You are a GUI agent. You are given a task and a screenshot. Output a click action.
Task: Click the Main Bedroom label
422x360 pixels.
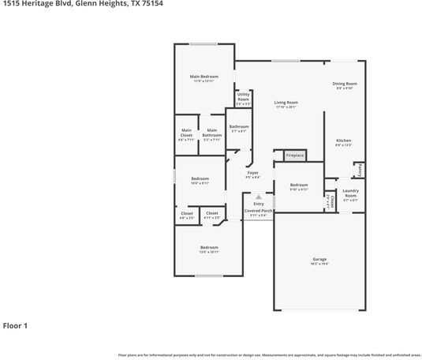coord(204,76)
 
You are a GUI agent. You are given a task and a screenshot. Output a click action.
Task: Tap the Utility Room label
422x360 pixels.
coord(243,96)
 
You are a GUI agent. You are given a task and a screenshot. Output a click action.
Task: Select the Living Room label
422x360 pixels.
coord(286,102)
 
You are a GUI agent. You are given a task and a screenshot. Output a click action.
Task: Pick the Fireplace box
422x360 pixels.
coord(294,156)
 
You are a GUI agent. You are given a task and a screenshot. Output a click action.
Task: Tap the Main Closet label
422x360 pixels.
coord(187,133)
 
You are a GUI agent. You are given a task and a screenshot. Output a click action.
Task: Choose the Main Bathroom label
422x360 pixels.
coord(211,133)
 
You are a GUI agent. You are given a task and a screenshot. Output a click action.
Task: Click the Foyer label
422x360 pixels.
coord(253,172)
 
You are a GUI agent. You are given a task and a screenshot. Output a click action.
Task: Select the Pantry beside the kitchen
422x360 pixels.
coord(358,170)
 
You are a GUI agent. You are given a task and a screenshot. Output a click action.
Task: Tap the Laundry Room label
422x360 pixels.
coord(350,193)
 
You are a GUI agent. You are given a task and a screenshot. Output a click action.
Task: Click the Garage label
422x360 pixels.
coord(319,259)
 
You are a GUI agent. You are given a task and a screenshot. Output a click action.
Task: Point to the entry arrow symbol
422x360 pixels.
coord(258,197)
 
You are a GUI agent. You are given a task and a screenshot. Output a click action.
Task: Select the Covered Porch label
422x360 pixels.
coord(258,211)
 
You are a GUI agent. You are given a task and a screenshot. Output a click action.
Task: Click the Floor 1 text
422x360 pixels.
coord(15,325)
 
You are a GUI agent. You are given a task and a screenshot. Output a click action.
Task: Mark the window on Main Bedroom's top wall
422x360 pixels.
coord(204,43)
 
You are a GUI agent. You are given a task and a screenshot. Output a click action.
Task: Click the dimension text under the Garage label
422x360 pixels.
coord(319,264)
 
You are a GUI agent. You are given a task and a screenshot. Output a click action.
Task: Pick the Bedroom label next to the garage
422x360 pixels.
coord(298,185)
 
